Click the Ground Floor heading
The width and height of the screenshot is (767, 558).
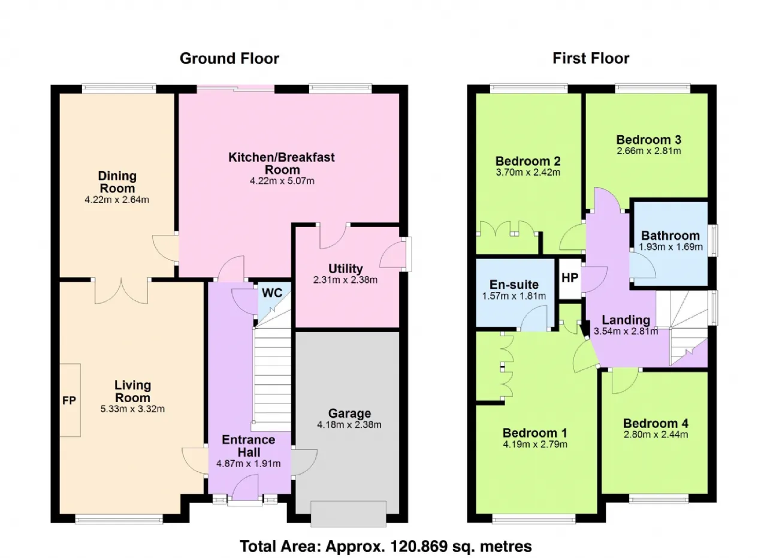coord(230,59)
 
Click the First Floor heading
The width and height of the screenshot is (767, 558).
coord(591,58)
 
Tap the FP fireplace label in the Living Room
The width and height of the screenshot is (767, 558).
coord(69,400)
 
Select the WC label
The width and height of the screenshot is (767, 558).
coord(272,293)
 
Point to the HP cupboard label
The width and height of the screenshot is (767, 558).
coord(570,278)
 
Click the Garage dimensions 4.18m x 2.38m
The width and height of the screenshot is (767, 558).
coord(349,425)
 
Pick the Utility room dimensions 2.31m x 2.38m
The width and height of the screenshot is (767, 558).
coord(345,280)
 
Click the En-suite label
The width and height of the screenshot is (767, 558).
coord(514,285)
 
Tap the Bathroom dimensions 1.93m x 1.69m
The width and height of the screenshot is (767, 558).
coord(671,246)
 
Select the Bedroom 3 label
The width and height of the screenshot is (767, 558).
coord(649,140)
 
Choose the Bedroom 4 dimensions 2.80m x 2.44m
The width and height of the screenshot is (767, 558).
coord(656,435)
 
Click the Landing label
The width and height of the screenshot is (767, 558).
coord(626,320)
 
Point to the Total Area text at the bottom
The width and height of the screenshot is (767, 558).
coord(386,546)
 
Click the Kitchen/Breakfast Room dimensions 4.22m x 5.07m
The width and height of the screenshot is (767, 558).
coord(282,181)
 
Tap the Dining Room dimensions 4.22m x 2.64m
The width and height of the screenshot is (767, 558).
coord(117,200)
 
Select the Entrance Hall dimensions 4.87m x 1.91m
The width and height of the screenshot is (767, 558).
coord(249,463)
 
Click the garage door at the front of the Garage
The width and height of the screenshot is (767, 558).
coord(349,514)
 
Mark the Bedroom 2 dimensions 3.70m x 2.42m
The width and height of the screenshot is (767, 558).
coord(528,172)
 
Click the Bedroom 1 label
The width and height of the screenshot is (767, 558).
coord(535,433)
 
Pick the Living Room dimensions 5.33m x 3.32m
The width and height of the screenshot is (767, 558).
coord(132,409)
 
